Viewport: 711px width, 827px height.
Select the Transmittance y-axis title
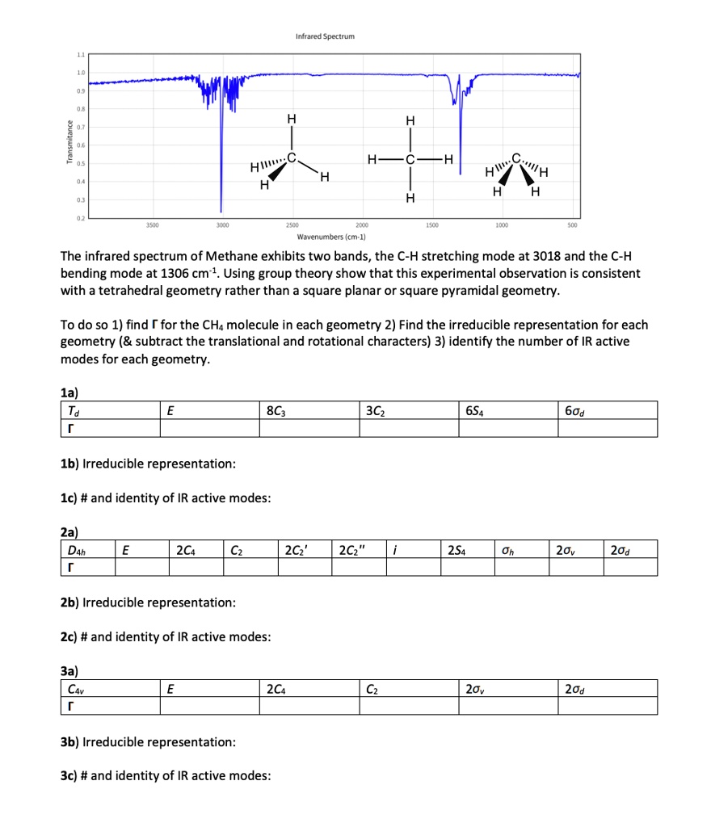point(70,142)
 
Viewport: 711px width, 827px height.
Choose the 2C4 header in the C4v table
point(274,688)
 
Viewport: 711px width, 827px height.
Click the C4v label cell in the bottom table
point(77,688)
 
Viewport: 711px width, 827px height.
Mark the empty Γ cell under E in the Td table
point(208,427)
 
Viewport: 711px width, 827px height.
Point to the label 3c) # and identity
point(166,776)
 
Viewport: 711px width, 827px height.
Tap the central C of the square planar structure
point(410,157)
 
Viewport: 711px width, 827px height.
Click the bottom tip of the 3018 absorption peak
point(221,209)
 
